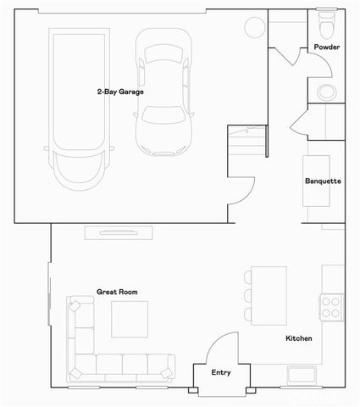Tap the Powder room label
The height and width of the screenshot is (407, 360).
(x=327, y=47)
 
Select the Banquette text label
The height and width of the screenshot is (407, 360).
(x=323, y=181)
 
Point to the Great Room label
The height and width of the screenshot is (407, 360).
(x=117, y=291)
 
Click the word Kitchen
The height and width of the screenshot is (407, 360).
(x=298, y=338)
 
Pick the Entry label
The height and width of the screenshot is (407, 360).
(x=221, y=371)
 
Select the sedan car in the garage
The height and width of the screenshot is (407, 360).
(x=165, y=93)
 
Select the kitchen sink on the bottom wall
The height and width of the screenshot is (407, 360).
(x=302, y=374)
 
